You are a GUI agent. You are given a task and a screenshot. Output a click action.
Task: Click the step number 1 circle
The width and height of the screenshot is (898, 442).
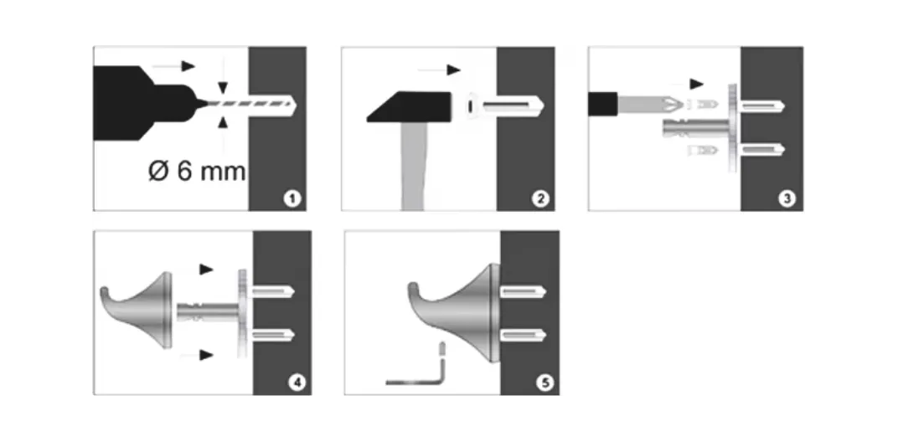(292, 199)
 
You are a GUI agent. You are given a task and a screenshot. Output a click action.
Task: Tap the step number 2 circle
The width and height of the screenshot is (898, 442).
(540, 199)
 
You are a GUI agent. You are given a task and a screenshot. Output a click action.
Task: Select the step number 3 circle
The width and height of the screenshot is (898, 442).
(787, 199)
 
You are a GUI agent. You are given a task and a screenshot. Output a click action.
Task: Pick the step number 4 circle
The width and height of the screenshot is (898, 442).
(297, 383)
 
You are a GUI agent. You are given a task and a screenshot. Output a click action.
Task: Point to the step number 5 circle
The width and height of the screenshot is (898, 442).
(544, 383)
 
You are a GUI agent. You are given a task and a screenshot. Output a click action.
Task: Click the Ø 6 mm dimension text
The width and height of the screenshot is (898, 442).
(197, 171)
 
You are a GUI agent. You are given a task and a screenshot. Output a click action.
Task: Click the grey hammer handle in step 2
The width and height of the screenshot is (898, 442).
(414, 166)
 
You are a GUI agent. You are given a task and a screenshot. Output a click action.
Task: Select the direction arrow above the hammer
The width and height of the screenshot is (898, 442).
(440, 69)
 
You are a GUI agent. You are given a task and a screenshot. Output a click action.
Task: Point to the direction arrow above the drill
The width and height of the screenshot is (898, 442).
(174, 66)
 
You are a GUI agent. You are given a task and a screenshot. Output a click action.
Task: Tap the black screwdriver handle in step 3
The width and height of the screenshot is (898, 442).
(602, 104)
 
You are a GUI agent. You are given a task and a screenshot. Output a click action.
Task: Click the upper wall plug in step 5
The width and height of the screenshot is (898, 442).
(524, 292)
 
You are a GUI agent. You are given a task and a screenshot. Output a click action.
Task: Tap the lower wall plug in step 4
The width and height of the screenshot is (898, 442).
(272, 336)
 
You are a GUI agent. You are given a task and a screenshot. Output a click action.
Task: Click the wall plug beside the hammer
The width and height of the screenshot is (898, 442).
(504, 105)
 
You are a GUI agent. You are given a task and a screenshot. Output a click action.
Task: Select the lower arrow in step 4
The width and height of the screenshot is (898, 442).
(198, 356)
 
